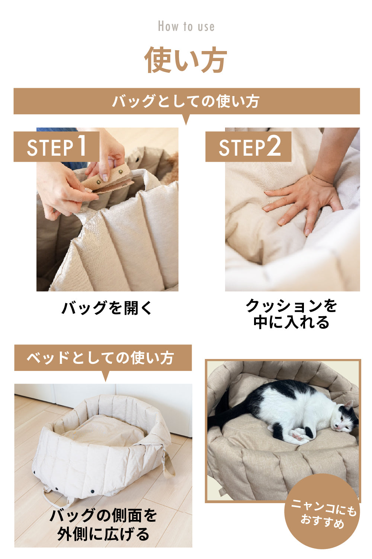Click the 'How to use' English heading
point(186,26)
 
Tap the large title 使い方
point(186,60)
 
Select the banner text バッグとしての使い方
point(186,101)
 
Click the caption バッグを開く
point(107,308)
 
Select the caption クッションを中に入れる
point(291,314)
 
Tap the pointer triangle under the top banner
point(186,120)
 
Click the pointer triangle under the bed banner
point(106,376)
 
